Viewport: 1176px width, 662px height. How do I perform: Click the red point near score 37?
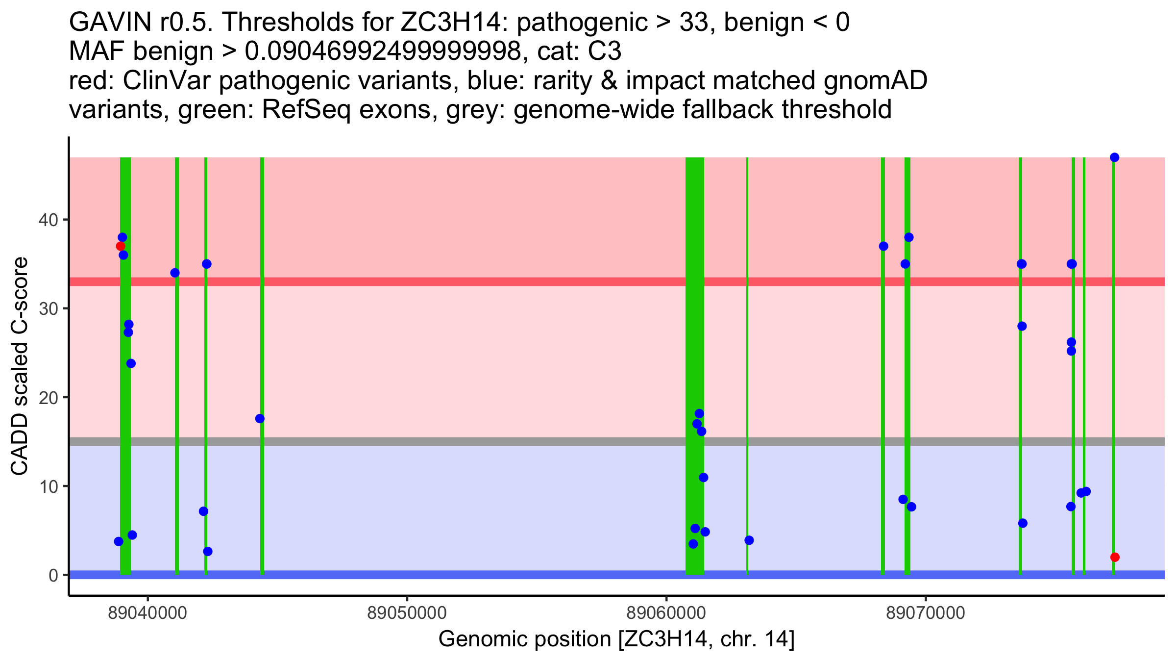click(x=121, y=246)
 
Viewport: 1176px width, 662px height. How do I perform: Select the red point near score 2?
click(x=1115, y=557)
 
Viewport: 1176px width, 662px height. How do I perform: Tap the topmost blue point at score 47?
click(x=1115, y=157)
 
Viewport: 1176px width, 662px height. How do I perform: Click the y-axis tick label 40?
click(x=48, y=220)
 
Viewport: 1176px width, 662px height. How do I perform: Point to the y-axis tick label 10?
click(x=48, y=486)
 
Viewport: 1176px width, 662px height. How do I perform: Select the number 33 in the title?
click(x=693, y=23)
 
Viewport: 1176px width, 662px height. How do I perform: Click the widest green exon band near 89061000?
click(x=694, y=343)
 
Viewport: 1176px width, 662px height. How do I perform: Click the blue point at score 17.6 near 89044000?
click(x=260, y=419)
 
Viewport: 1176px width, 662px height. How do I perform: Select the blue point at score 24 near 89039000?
click(x=131, y=363)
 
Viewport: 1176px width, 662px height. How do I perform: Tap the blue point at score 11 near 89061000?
click(x=703, y=478)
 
